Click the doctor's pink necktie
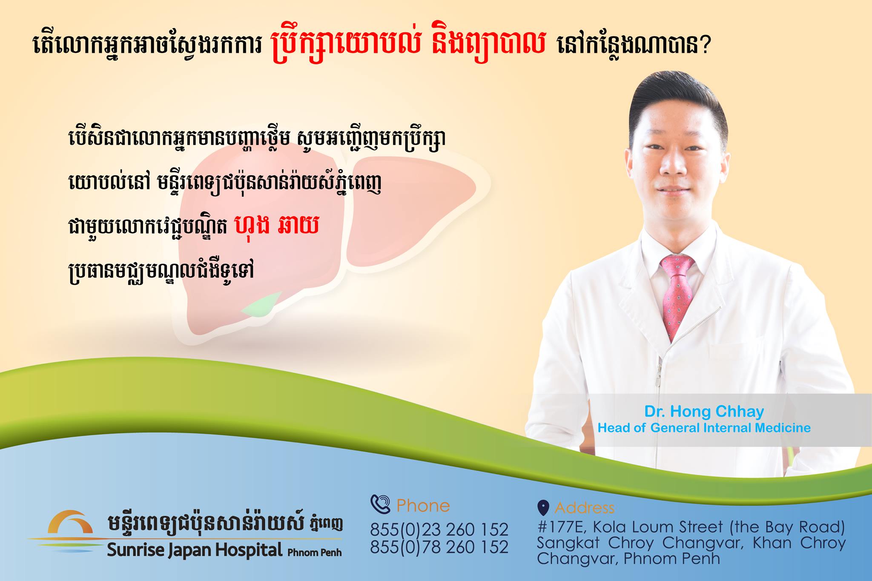(677, 294)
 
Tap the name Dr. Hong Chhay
(704, 412)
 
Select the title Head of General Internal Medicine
(704, 428)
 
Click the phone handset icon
(380, 504)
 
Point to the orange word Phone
(423, 506)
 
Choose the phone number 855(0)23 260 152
(439, 529)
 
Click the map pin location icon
(543, 507)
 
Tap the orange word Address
(585, 508)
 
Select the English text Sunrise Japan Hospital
(195, 550)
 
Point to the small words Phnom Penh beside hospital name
(315, 552)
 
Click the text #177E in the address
(562, 527)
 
